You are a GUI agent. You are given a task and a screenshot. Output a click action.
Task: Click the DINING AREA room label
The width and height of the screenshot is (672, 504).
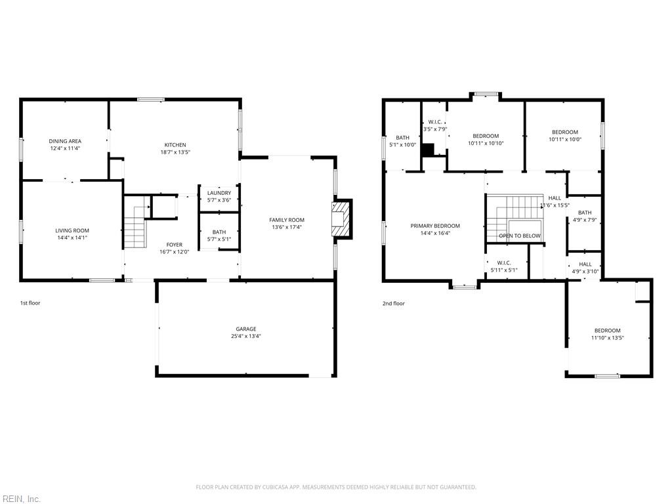(65, 141)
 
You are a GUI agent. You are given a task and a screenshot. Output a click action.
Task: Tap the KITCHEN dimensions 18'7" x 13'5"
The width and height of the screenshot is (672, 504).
(175, 152)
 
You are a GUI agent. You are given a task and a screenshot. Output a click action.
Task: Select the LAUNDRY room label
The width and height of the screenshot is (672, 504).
(219, 193)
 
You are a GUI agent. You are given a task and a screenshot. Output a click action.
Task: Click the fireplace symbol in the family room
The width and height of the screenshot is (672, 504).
(341, 219)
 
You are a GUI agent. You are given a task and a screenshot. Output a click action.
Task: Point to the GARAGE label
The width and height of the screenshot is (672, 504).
(246, 329)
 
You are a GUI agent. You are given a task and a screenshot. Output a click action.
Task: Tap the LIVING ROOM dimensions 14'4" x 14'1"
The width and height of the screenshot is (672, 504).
(72, 238)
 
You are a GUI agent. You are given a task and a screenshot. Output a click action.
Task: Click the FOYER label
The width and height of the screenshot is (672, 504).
(175, 245)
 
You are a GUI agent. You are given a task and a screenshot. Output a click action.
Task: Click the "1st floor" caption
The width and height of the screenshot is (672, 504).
(30, 303)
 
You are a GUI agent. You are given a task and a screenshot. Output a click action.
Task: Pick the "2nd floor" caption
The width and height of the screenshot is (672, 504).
(394, 303)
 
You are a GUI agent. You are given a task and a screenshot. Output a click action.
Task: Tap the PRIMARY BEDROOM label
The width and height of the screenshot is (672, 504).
(435, 226)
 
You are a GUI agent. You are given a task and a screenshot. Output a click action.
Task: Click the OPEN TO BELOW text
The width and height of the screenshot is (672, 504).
(520, 236)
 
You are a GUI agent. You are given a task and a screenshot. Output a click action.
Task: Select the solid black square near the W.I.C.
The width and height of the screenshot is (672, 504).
(428, 150)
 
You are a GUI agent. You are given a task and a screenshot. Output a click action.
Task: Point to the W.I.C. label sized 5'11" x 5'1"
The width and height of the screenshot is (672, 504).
(504, 262)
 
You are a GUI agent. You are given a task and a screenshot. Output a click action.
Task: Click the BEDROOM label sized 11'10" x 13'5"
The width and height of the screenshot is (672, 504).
(607, 331)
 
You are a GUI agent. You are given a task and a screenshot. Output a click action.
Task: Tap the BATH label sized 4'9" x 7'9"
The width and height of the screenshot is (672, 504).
(585, 213)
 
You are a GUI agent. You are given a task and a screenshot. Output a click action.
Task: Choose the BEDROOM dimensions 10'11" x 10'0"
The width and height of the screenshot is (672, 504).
(565, 139)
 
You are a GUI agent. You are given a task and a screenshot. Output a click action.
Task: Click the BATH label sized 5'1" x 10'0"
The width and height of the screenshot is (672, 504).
(402, 138)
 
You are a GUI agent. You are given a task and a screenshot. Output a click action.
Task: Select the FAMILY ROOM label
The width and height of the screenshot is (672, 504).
(287, 220)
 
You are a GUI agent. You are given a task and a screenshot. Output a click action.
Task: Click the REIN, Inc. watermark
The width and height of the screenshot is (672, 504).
(20, 499)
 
